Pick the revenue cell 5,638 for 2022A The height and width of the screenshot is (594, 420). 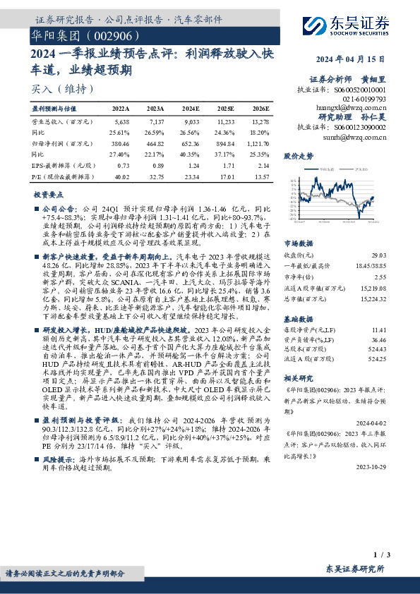click(121, 122)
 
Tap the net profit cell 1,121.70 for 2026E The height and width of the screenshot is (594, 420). click(257, 142)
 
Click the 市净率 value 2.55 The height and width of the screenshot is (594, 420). click(380, 278)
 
